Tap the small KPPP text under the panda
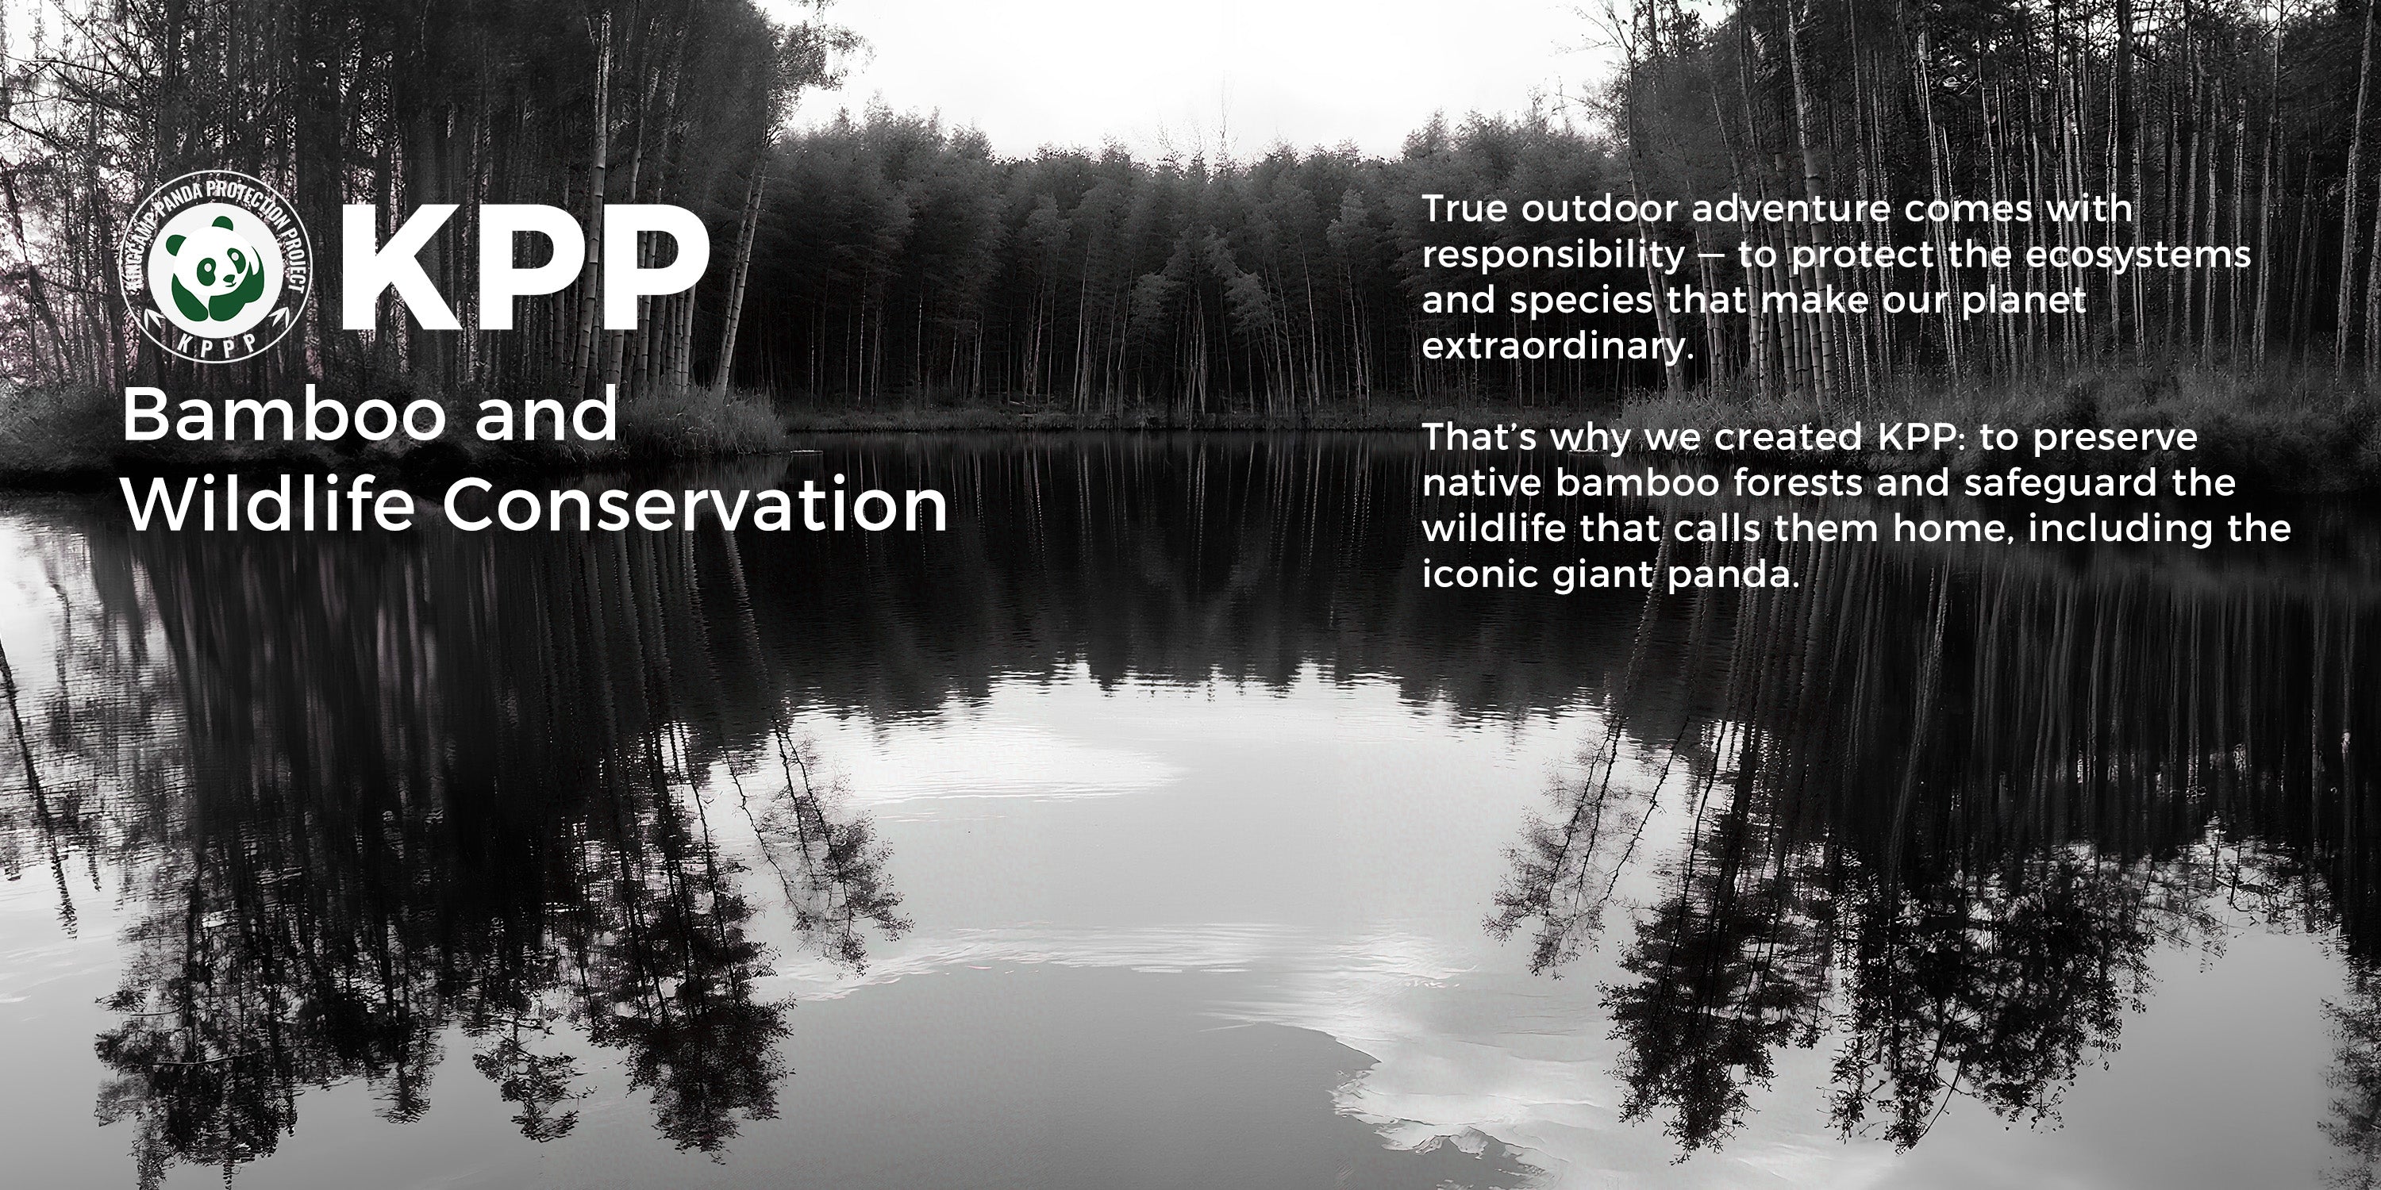[x=218, y=344]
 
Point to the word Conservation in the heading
[x=695, y=505]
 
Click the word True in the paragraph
[x=1465, y=209]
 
